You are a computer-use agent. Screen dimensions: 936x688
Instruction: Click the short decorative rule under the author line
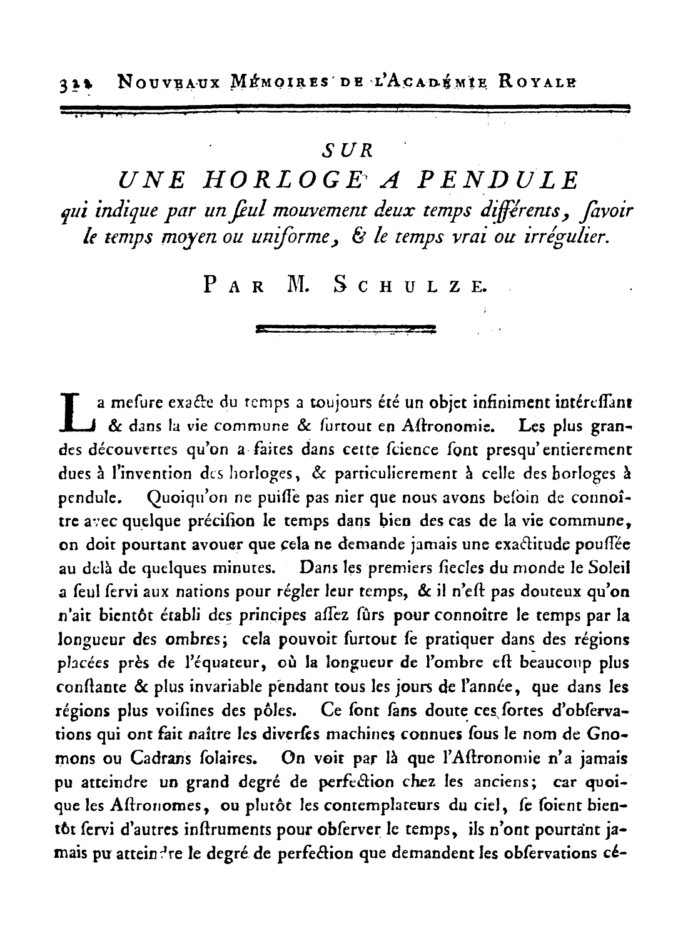pyautogui.click(x=346, y=327)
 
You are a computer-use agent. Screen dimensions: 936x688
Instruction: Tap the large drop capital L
pyautogui.click(x=78, y=413)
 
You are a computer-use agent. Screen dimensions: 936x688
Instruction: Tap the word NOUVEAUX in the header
pyautogui.click(x=164, y=81)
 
